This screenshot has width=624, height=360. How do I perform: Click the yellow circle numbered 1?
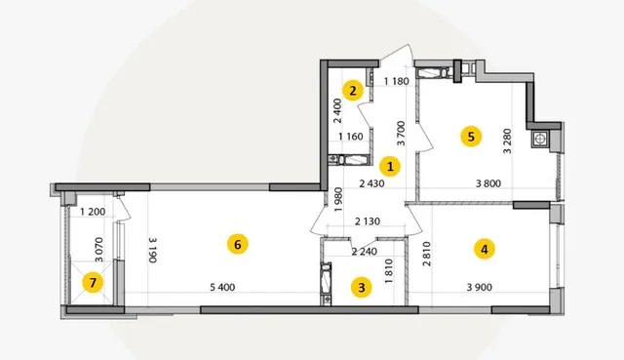pos(390,167)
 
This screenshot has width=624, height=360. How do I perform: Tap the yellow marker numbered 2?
pos(353,91)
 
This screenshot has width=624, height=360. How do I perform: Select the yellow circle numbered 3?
pos(362,287)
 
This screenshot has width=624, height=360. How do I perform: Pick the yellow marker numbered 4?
pos(485,250)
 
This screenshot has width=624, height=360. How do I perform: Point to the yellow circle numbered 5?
pos(471,137)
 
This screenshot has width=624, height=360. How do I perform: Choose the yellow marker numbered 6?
pos(238,244)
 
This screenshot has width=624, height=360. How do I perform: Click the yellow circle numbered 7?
pos(93,283)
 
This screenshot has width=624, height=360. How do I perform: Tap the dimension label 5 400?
pos(222,287)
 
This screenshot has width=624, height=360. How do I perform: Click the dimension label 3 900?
pos(480,287)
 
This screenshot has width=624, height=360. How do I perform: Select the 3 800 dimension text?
pos(488,183)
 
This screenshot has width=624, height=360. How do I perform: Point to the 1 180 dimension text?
pos(397,81)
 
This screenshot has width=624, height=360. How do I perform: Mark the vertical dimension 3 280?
pos(507,140)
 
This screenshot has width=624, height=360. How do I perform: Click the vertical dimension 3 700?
pos(401,133)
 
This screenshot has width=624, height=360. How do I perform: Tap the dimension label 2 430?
pos(371,183)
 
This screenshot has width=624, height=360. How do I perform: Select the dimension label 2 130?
pos(368,221)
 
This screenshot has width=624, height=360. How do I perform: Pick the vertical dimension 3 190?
pos(153,250)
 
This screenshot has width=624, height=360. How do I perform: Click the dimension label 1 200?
pos(93,212)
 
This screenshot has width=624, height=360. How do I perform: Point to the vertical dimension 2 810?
pos(427,254)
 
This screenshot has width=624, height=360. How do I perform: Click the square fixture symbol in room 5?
pos(539,139)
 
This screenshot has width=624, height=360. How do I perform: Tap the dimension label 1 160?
pos(351,137)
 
